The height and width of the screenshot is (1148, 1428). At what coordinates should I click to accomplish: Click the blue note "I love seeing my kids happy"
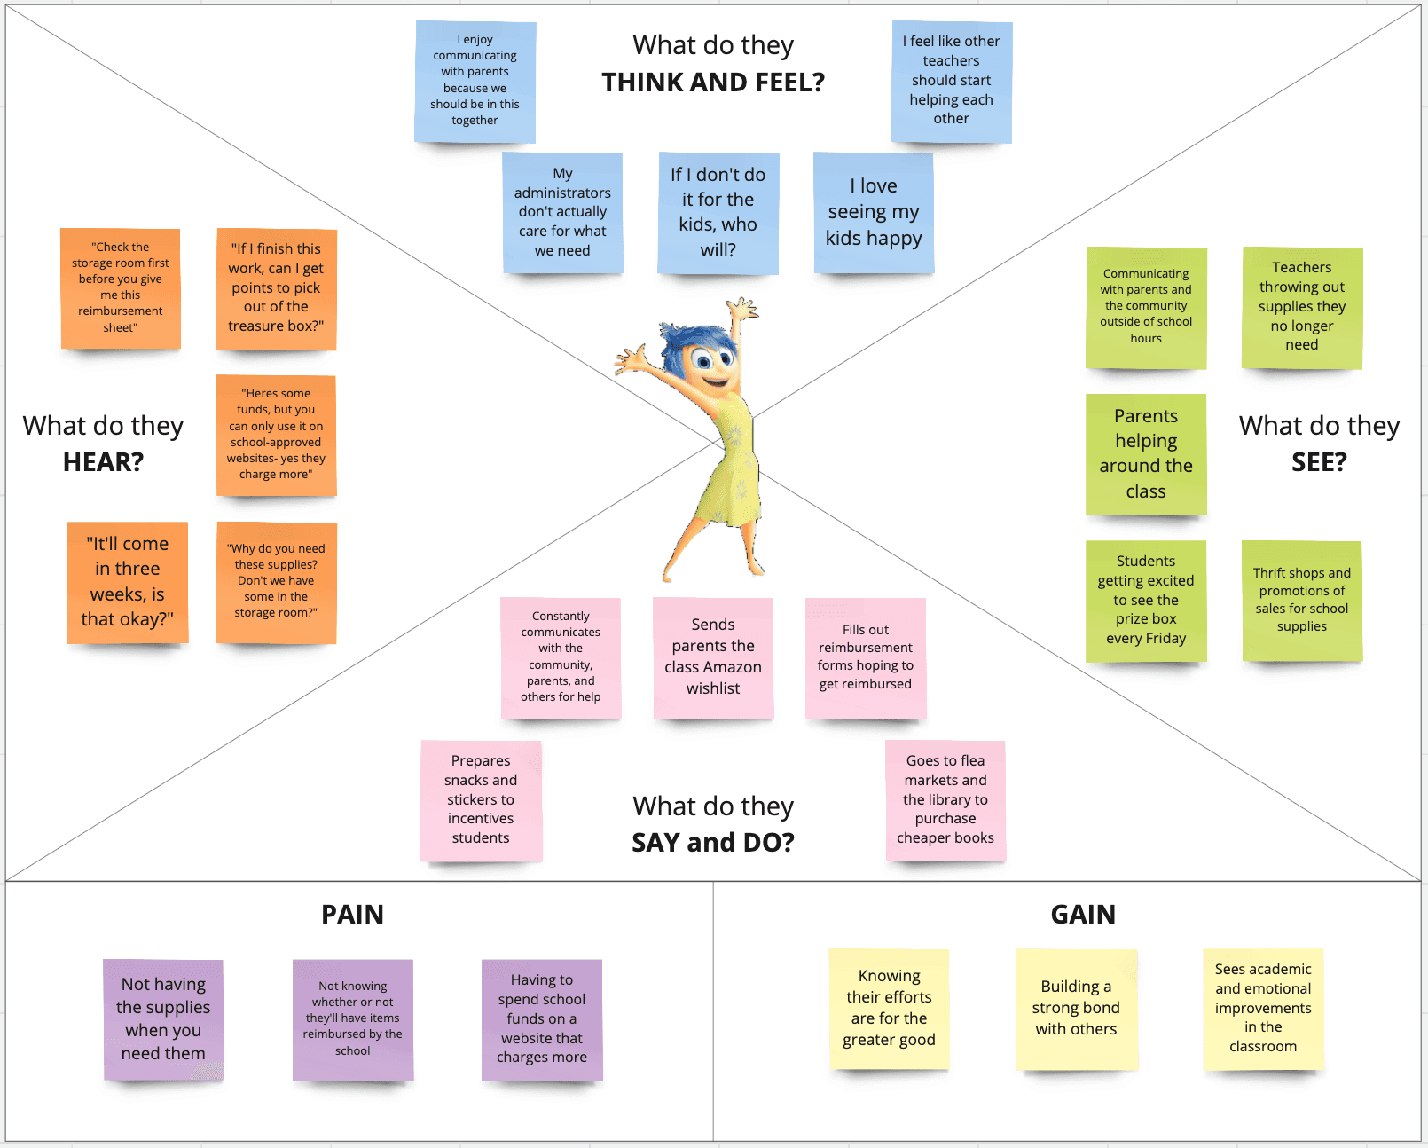pos(874,213)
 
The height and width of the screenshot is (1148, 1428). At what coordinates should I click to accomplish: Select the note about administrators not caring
pos(562,213)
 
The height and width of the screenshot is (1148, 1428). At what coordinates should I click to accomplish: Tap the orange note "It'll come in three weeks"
pos(128,582)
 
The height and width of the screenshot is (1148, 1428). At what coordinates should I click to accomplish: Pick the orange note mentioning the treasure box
pos(276,288)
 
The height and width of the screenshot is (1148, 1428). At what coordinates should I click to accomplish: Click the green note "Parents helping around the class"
pos(1146,453)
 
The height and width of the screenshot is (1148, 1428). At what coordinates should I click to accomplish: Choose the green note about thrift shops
pos(1302,601)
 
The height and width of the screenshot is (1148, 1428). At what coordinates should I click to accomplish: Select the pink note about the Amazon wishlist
pos(713,657)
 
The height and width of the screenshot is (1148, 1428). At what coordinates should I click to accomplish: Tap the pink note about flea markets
pos(945,800)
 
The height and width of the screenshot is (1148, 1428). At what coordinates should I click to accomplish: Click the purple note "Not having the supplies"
pos(163,1019)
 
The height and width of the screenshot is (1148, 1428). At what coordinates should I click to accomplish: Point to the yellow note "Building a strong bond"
pos(1076,1009)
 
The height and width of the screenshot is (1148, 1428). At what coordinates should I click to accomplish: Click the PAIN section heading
pos(352,915)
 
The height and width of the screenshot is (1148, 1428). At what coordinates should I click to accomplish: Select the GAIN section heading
pos(1083,915)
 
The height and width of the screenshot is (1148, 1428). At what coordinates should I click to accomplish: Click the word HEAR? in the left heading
pos(103,462)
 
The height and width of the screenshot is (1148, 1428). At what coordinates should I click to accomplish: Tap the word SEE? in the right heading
pos(1319,462)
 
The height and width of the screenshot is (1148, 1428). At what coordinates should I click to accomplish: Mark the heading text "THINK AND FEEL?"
pos(713,83)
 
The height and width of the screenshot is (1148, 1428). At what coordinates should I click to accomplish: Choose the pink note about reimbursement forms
pos(866,657)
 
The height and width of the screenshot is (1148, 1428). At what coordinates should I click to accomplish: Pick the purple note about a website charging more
pos(542,1019)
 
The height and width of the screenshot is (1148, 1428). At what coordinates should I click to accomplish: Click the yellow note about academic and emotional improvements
pos(1263,1009)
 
